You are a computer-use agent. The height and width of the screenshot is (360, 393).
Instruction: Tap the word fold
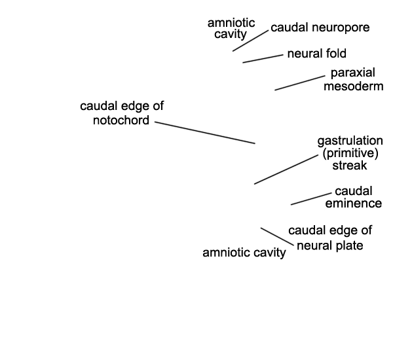336,54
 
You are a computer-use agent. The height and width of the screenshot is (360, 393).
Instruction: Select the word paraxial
352,73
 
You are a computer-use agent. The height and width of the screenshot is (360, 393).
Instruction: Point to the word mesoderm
354,86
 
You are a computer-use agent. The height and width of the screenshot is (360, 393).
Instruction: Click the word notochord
121,120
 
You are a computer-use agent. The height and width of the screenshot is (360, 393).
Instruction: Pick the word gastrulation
350,141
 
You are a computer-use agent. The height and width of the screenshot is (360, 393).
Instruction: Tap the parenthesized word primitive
350,153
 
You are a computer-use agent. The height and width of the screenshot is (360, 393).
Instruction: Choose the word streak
350,166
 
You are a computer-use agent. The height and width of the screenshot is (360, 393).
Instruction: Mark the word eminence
354,203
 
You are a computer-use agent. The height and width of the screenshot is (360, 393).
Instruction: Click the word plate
350,245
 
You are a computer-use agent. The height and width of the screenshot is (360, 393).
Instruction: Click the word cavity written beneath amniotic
231,34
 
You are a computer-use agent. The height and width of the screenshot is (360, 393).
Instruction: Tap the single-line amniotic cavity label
244,253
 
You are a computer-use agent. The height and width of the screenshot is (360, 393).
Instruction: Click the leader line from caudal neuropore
250,41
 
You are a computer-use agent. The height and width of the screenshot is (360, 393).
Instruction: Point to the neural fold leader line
263,59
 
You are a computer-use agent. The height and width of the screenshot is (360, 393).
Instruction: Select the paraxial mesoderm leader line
300,82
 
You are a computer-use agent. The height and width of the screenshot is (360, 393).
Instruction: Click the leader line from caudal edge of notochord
205,132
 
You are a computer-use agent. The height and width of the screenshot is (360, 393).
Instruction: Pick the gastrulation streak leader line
286,170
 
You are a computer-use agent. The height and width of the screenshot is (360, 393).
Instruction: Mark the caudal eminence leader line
311,199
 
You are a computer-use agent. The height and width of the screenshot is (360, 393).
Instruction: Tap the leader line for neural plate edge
277,236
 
